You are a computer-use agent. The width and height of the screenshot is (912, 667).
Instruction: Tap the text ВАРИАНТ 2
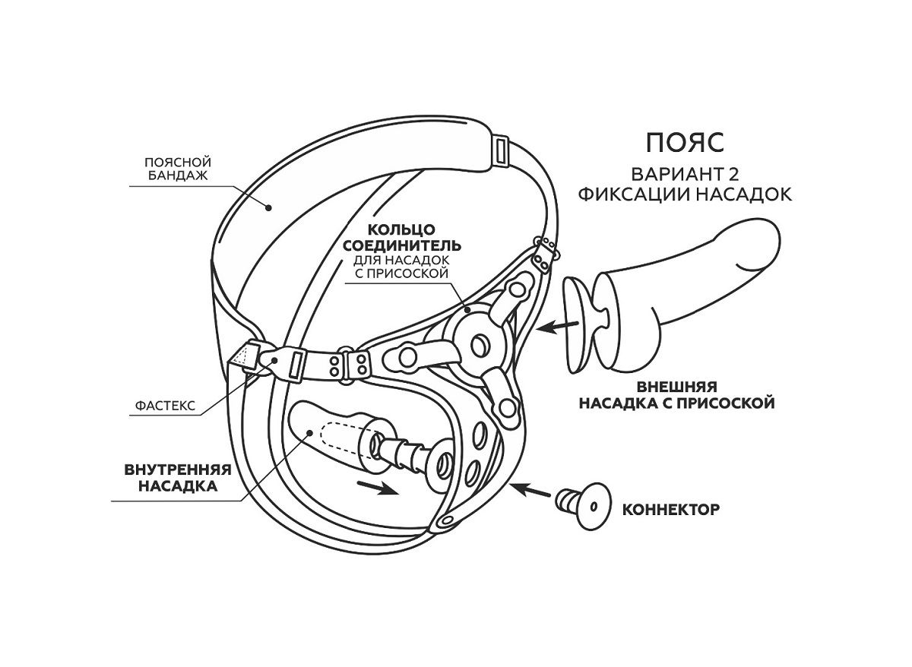(x=684, y=172)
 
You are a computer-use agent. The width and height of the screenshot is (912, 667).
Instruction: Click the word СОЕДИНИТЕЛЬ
(x=401, y=245)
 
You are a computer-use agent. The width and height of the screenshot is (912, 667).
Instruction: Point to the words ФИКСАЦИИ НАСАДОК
(x=684, y=194)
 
